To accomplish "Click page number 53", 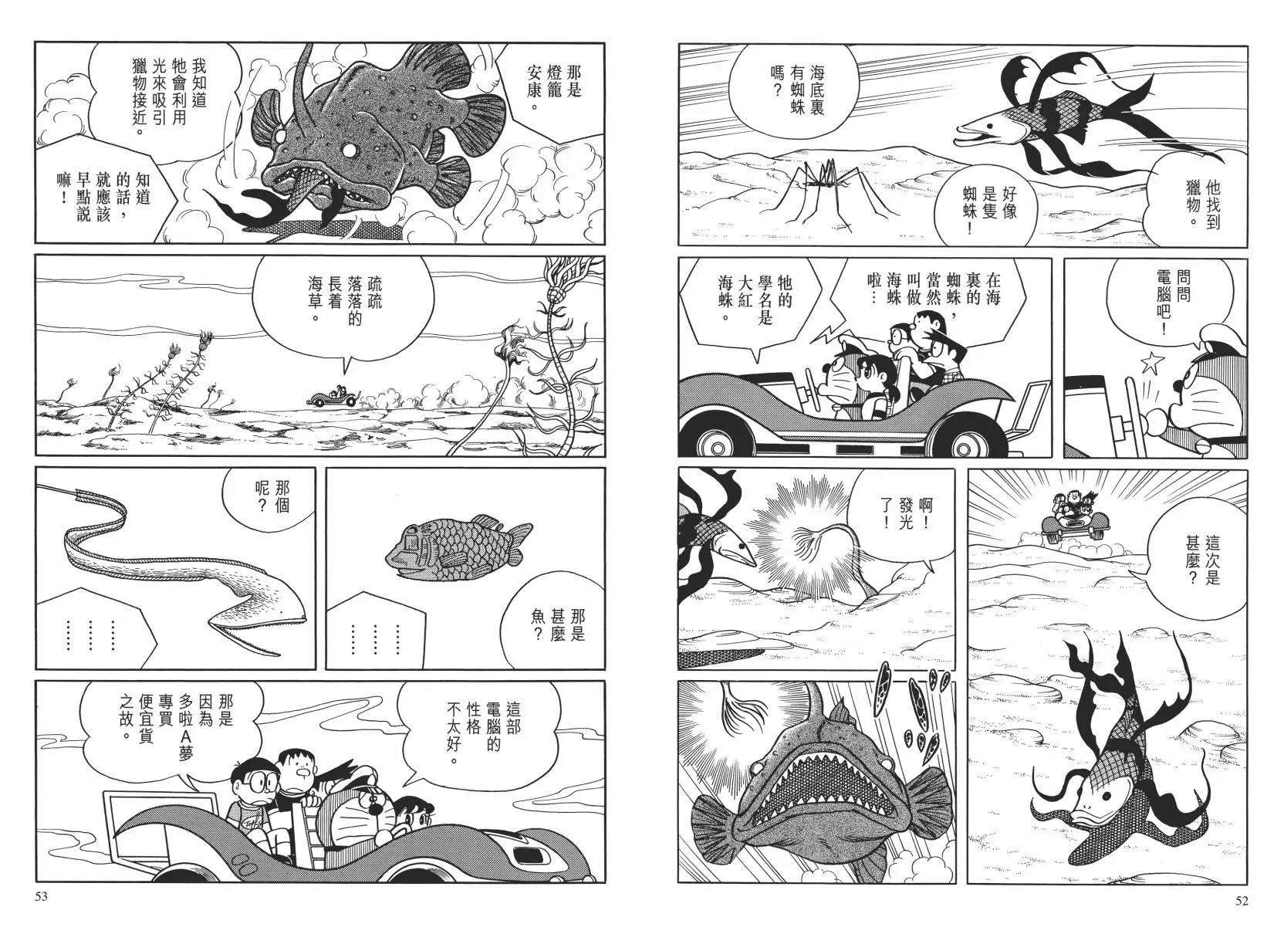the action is tap(41, 897).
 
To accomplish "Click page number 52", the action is tap(1242, 900).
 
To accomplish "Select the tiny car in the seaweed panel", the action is tap(333, 396).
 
